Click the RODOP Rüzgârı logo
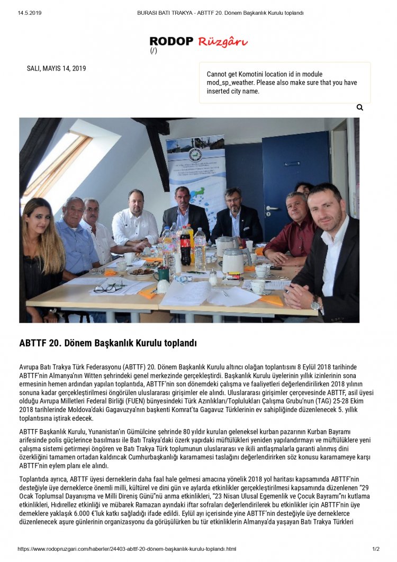198,42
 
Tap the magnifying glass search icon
360,108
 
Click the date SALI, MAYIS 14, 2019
56,68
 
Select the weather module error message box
285,83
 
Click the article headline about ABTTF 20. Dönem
108,343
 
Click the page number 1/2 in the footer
376,549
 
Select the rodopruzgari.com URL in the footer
127,549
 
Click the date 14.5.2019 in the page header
30,13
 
